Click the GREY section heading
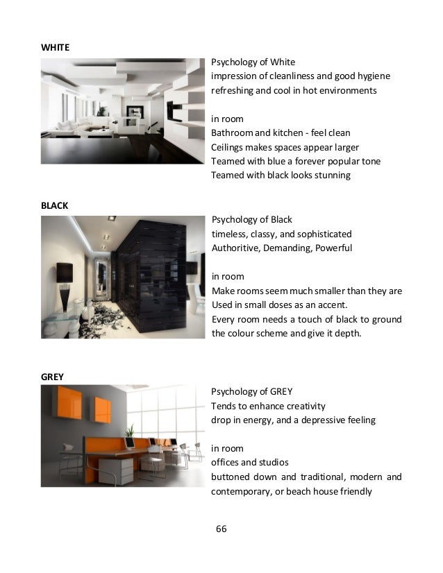click(53, 377)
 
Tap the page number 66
click(221, 529)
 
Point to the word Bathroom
click(232, 132)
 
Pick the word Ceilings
click(228, 147)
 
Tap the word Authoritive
click(236, 248)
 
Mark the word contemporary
click(242, 491)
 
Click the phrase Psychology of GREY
click(251, 391)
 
